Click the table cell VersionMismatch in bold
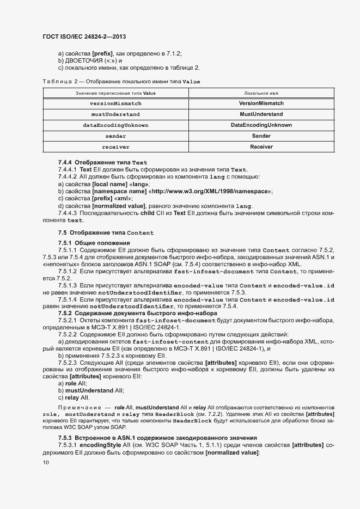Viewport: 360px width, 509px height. pyautogui.click(x=261, y=103)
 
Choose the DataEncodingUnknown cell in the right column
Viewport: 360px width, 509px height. pyautogui.click(x=261, y=125)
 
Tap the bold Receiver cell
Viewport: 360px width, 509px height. pyautogui.click(x=261, y=147)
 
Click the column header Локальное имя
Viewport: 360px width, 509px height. pyautogui.click(x=261, y=93)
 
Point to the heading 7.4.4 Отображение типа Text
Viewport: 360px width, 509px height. pyautogui.click(x=102, y=162)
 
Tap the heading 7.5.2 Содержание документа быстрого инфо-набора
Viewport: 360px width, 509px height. pyautogui.click(x=137, y=313)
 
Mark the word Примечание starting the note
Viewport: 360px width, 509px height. pyautogui.click(x=80, y=407)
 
